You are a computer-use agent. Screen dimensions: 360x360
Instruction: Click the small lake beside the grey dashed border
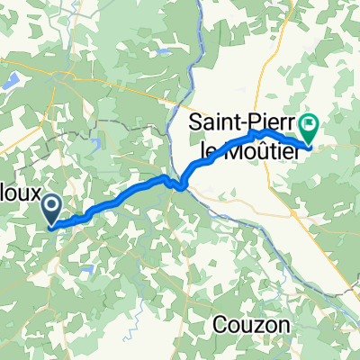(94, 139)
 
